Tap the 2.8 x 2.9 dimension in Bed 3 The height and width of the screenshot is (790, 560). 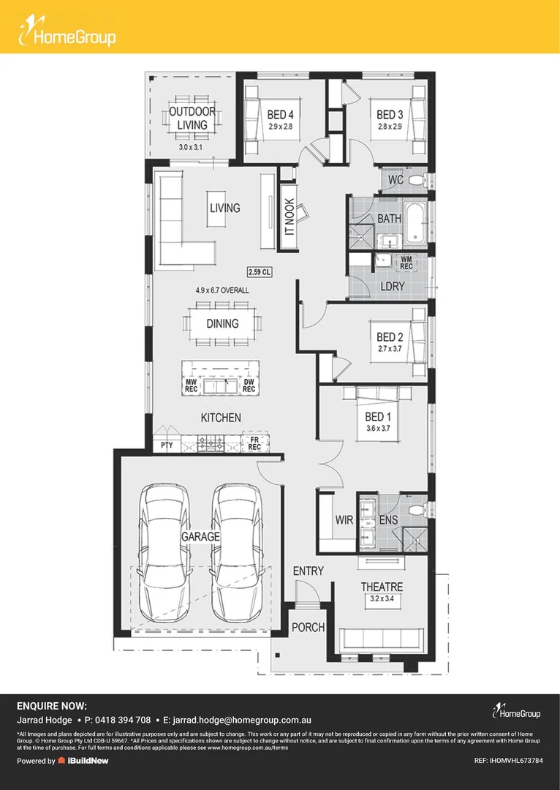[390, 127]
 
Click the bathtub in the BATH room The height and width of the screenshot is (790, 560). [415, 221]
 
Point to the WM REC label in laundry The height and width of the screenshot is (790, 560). [406, 263]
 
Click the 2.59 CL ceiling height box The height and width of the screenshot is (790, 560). [260, 272]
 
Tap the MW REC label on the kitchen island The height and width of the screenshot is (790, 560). [190, 385]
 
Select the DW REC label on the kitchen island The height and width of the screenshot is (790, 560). [249, 385]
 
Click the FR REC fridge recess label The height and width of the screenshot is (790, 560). [255, 443]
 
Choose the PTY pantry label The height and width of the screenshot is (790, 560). [167, 445]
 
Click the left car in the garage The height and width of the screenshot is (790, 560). [166, 553]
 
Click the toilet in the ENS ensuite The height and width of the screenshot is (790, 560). [418, 510]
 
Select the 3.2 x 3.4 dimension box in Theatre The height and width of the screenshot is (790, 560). [382, 599]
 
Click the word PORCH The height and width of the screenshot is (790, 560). [309, 628]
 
